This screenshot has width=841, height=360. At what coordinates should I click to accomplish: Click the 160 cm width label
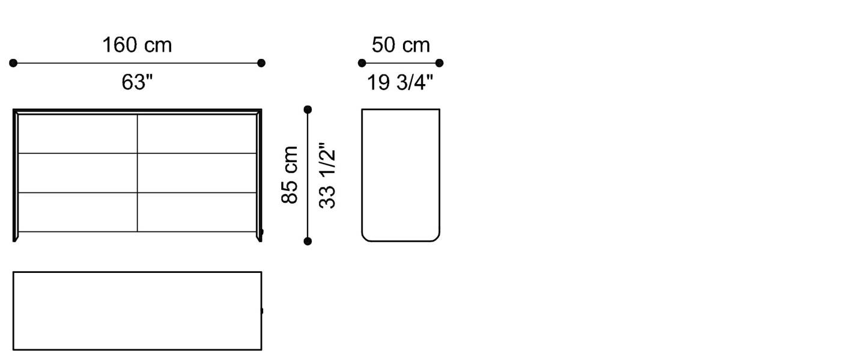coord(137,45)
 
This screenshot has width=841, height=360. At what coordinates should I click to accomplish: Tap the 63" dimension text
coord(137,82)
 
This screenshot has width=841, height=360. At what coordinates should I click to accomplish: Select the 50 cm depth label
coord(401,45)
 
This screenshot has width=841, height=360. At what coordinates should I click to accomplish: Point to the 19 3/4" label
coord(400,82)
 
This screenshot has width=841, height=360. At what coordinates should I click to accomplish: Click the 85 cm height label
coord(290,175)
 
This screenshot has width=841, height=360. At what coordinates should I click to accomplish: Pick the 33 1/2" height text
coord(327,175)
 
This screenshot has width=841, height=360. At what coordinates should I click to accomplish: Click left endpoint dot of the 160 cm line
coord(13,63)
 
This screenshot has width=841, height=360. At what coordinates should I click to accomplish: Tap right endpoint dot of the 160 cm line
coord(261,63)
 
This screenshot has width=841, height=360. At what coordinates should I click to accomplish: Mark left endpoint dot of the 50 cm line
coord(362,63)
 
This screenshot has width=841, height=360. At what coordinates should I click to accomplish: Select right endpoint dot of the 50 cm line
coord(439,63)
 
